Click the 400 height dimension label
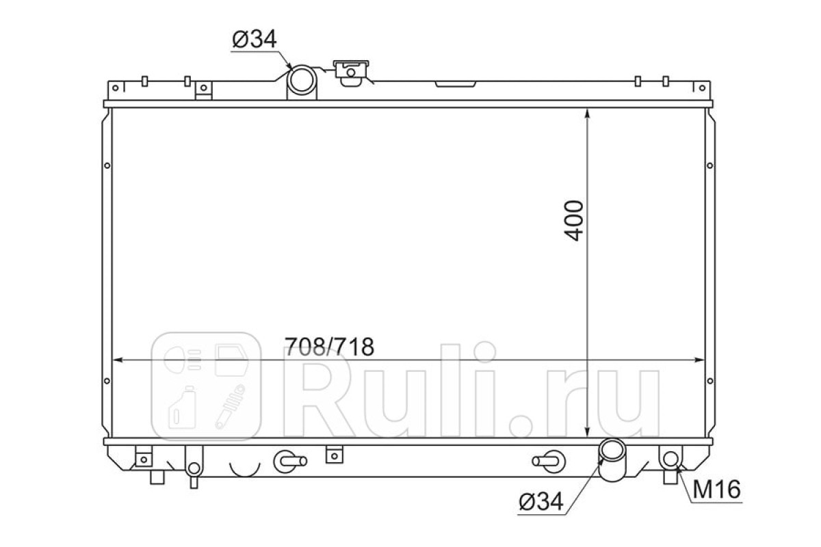(573, 221)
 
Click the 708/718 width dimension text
(330, 347)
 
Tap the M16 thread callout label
(716, 490)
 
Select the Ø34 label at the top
(255, 39)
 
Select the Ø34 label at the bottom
(541, 502)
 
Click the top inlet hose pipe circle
(301, 80)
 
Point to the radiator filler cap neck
(351, 73)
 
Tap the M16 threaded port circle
(670, 459)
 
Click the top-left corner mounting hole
(116, 88)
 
